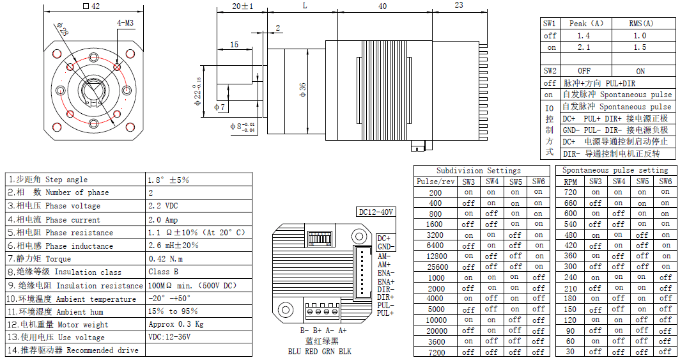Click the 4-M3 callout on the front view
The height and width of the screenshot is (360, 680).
[125, 23]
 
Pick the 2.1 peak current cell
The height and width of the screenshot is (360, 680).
[583, 47]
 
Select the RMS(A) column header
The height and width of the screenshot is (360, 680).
[640, 24]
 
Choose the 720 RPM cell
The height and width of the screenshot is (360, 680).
[570, 192]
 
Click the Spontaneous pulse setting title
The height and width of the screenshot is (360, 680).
[615, 171]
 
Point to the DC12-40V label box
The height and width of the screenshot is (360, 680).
[376, 212]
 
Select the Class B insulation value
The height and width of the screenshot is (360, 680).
[164, 272]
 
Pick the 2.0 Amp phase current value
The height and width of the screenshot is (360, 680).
[163, 219]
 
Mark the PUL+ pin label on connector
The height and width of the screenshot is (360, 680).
[385, 313]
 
